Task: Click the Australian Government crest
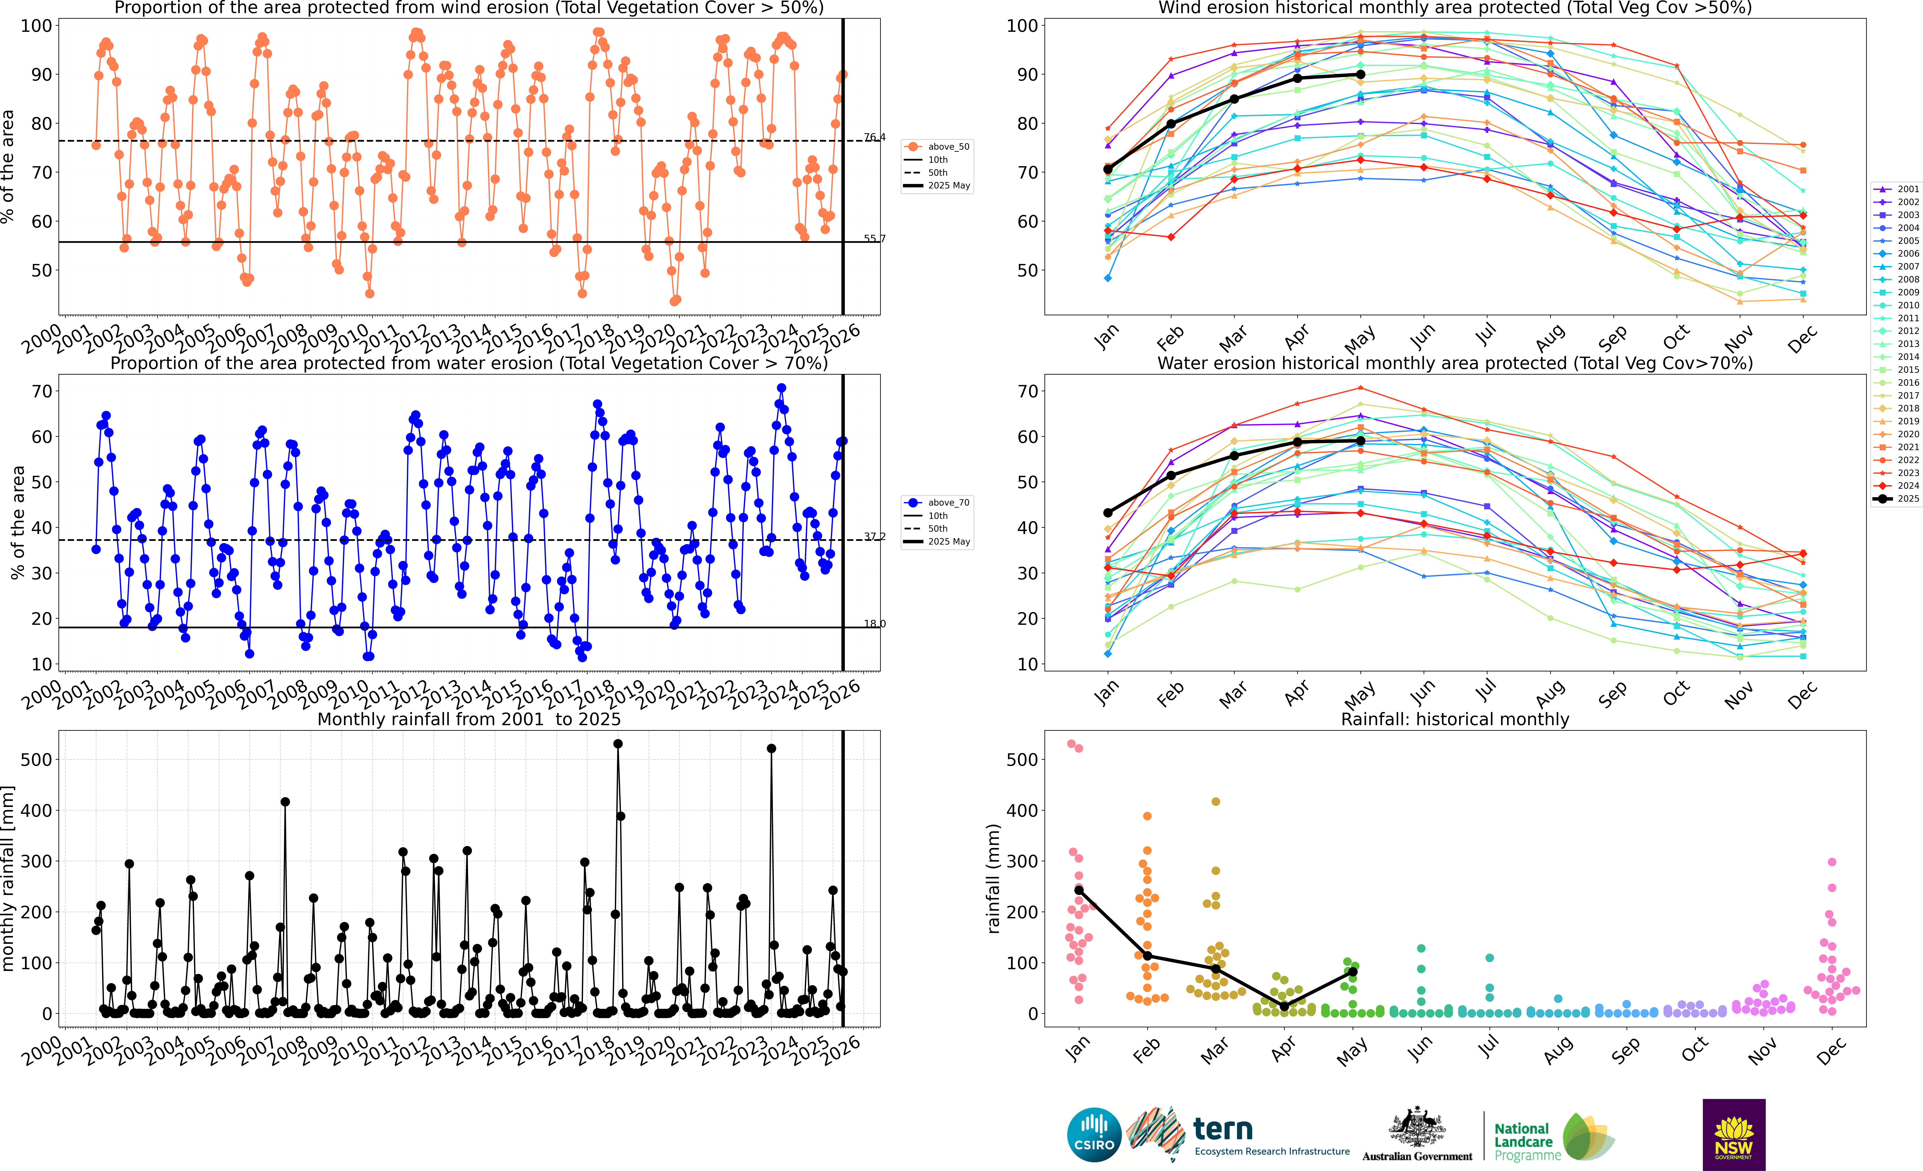pyautogui.click(x=1416, y=1128)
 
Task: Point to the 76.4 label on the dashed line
pyautogui.click(x=874, y=137)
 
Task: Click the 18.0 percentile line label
pyautogui.click(x=874, y=624)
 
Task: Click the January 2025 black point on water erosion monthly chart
pyautogui.click(x=1107, y=513)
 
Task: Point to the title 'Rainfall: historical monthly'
pyautogui.click(x=1455, y=719)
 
